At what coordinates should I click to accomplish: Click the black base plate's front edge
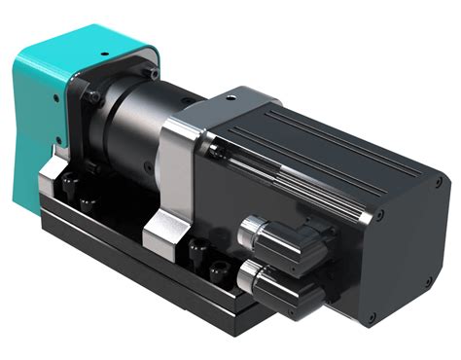click(146, 282)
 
